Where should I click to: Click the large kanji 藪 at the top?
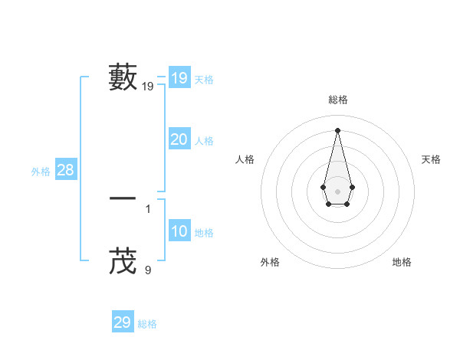123,78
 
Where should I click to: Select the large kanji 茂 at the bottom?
123,261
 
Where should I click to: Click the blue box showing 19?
179,78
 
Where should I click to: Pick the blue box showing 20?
179,139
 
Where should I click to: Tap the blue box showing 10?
179,231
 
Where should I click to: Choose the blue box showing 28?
66,170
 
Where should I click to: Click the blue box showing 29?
123,322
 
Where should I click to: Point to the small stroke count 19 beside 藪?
148,87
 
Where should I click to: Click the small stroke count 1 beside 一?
148,208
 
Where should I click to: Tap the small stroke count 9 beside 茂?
148,270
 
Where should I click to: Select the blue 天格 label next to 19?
204,80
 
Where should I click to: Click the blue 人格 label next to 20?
204,141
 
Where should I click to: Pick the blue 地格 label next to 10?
204,233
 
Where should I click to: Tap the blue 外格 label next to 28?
41,172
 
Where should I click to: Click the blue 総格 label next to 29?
147,324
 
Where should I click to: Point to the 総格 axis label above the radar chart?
338,100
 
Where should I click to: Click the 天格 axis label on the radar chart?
432,159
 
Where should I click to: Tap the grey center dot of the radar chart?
338,191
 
